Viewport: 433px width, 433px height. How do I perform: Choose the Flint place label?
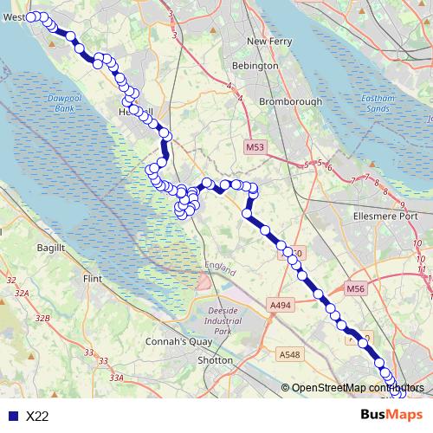coord(91,280)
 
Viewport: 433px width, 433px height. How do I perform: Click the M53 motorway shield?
coord(254,148)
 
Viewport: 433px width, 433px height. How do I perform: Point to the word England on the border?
coord(220,268)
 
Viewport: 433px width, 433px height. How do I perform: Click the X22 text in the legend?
coord(37,417)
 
